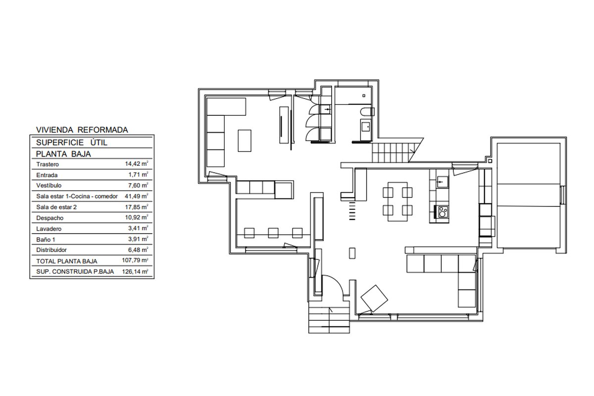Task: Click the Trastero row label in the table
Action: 48,164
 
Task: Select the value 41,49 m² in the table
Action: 136,196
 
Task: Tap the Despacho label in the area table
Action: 50,218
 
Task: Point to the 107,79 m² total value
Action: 135,260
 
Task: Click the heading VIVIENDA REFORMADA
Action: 82,130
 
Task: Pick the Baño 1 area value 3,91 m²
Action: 138,239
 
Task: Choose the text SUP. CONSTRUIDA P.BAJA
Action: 75,272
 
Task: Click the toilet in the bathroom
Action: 367,112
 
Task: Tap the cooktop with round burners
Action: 441,212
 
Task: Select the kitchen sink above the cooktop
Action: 443,182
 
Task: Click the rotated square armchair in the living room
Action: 374,298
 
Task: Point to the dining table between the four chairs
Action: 397,201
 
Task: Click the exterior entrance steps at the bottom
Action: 329,320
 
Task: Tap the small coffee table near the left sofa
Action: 245,141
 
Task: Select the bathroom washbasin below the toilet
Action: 366,129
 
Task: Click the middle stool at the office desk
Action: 273,233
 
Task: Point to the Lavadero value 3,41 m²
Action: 138,228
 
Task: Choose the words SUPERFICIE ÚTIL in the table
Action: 72,143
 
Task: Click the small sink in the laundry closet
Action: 326,109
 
